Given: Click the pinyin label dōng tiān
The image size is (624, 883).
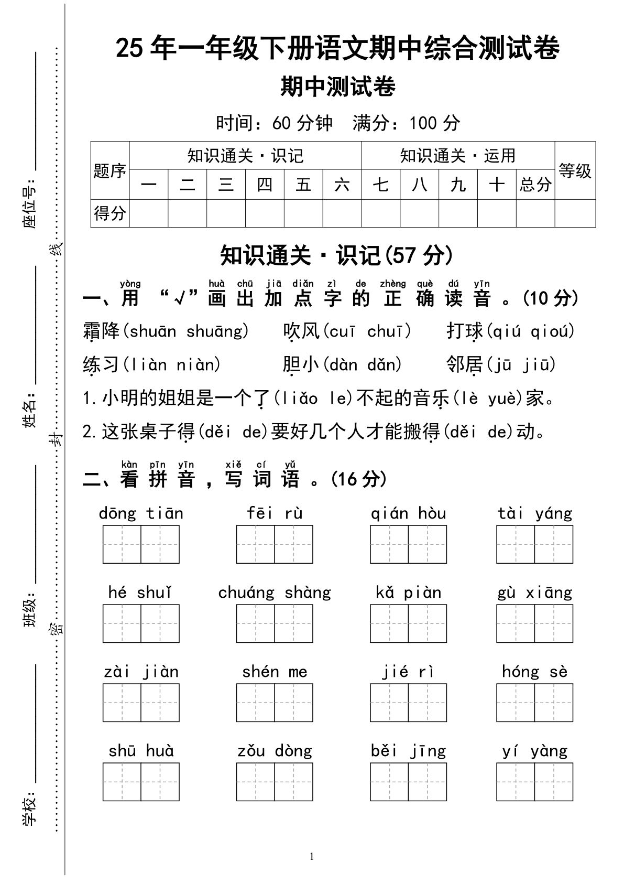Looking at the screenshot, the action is (x=141, y=513).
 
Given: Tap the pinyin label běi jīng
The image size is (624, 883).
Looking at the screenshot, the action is (x=408, y=751).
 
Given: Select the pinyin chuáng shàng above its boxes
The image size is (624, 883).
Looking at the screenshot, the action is (x=275, y=593).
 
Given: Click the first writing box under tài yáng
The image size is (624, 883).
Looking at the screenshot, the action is (x=516, y=545).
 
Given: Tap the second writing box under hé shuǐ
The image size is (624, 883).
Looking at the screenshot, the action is (x=160, y=624).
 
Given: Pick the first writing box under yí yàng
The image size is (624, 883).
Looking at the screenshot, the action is (x=516, y=782).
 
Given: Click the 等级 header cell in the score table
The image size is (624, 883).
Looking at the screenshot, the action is (x=575, y=170).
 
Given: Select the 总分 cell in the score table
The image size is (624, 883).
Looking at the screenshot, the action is (x=535, y=185).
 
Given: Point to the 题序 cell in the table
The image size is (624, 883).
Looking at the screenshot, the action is (x=110, y=171).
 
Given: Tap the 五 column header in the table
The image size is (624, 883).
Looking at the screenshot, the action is (x=303, y=185).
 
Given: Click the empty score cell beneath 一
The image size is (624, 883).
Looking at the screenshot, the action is (x=149, y=213).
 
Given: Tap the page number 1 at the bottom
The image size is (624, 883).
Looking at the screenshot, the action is (x=312, y=857).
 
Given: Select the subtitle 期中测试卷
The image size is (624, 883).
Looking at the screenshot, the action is (x=337, y=87).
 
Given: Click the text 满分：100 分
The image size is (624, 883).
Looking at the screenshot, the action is (x=406, y=123).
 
